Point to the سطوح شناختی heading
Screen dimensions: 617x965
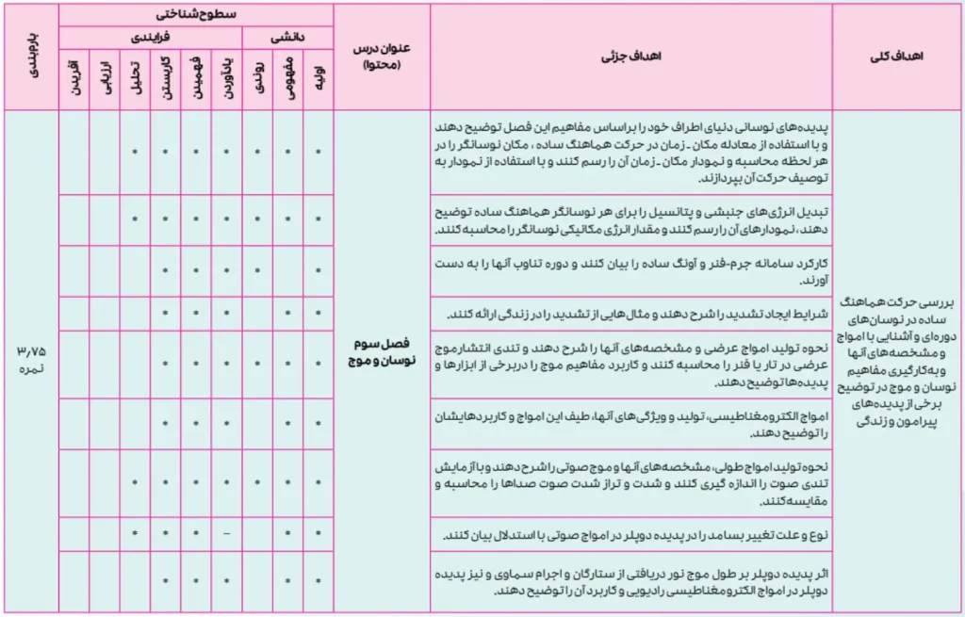pyautogui.click(x=195, y=15)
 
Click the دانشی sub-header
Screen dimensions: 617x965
pyautogui.click(x=287, y=37)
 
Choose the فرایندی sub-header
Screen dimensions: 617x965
pyautogui.click(x=150, y=37)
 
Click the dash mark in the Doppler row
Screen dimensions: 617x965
pyautogui.click(x=226, y=534)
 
